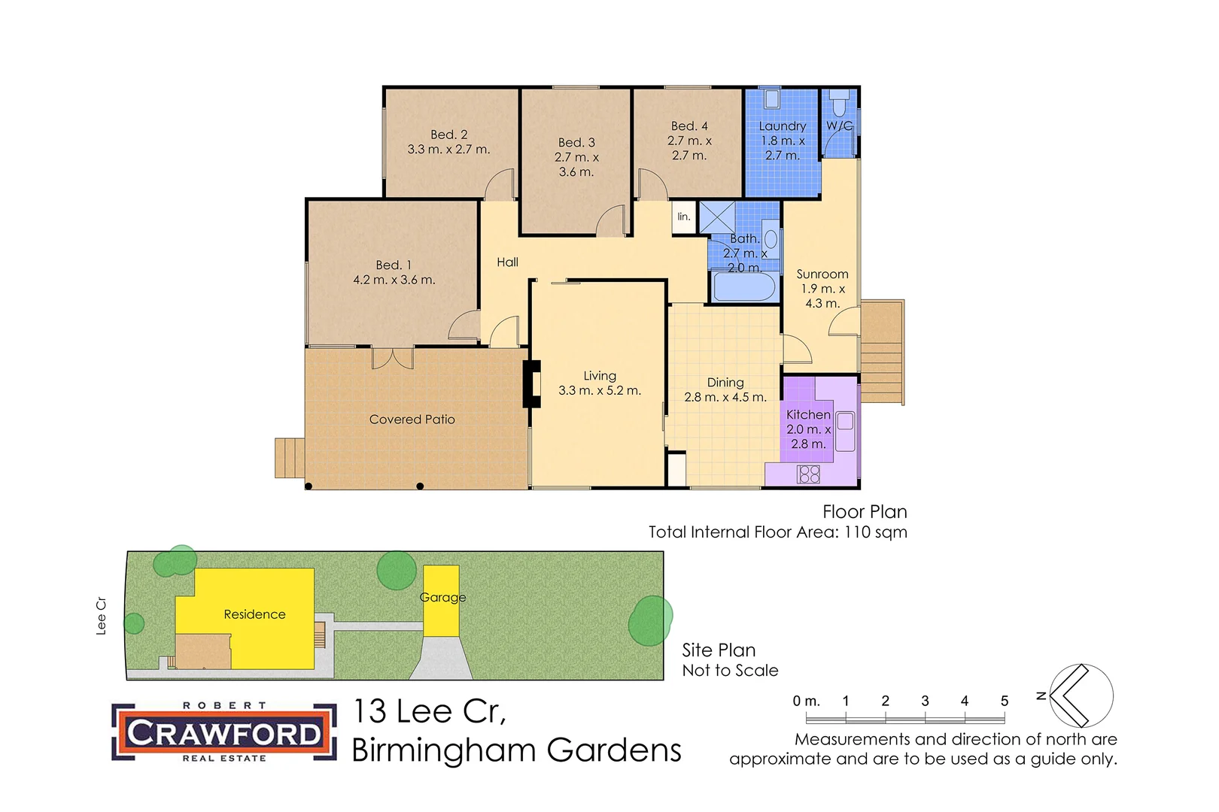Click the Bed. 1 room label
click(x=394, y=265)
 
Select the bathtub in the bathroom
click(x=743, y=286)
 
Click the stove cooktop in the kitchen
click(x=809, y=474)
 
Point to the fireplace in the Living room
click(x=532, y=383)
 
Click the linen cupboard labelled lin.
click(x=683, y=217)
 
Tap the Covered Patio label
click(x=412, y=420)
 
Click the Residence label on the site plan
click(x=254, y=614)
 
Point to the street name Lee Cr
click(x=101, y=616)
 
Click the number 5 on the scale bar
click(x=1004, y=701)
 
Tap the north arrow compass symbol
click(x=1081, y=695)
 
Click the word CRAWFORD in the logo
click(x=223, y=733)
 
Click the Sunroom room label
click(x=822, y=274)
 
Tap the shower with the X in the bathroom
click(x=716, y=217)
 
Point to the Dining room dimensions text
click(x=725, y=398)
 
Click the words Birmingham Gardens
click(x=516, y=750)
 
